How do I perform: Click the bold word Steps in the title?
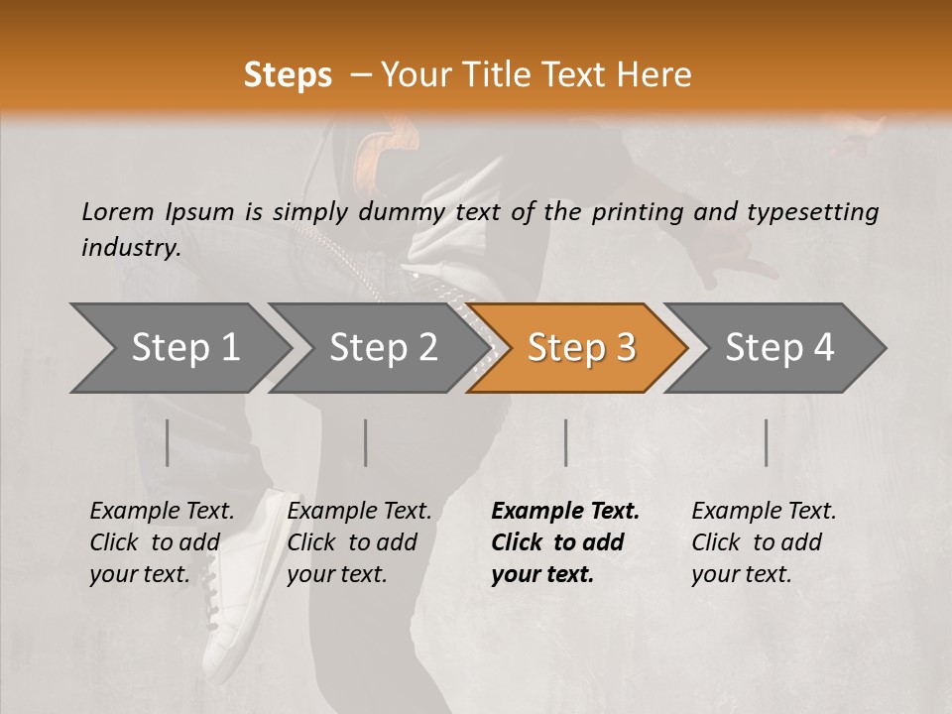(x=288, y=75)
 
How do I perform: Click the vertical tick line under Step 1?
(x=167, y=442)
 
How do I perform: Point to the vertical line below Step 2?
(x=366, y=442)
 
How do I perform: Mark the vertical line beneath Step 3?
(x=565, y=442)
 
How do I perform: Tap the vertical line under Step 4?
(x=766, y=442)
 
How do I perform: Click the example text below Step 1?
(x=162, y=542)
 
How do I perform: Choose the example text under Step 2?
(x=359, y=542)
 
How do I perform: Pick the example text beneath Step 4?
(x=764, y=542)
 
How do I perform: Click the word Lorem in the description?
(x=118, y=211)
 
